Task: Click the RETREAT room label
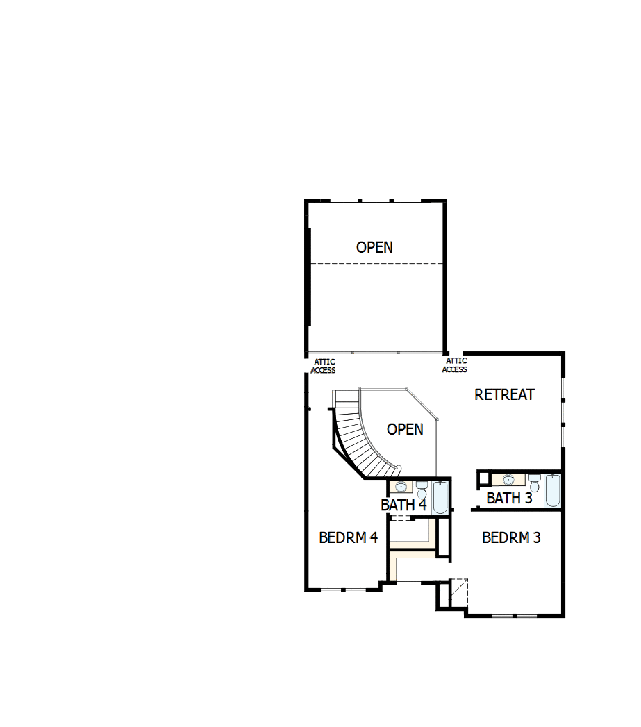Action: [x=504, y=394]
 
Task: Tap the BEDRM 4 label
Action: [x=348, y=537]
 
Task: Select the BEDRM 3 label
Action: [x=511, y=537]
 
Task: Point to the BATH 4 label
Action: [x=403, y=505]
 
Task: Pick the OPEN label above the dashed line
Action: [x=374, y=247]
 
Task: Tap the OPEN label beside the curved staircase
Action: [x=405, y=429]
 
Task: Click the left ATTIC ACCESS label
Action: [x=324, y=366]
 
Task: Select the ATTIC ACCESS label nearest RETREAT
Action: [x=455, y=365]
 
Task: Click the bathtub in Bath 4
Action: [x=440, y=499]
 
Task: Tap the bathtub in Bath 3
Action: [x=552, y=490]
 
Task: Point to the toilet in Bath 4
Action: [x=422, y=487]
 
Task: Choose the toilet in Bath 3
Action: [x=534, y=481]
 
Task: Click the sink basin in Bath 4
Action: [x=401, y=487]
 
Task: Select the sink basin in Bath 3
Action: [x=508, y=480]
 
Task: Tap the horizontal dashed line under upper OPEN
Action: [x=375, y=264]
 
